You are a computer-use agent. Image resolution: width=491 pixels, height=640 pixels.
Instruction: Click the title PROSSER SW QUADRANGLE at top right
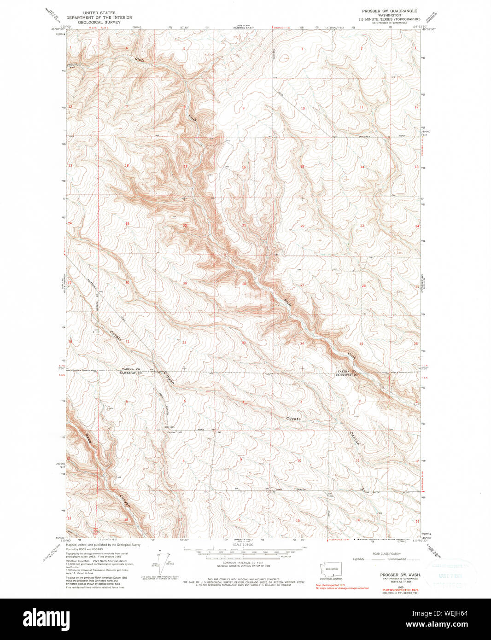(x=389, y=11)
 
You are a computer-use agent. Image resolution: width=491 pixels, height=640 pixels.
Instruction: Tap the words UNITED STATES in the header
(x=99, y=13)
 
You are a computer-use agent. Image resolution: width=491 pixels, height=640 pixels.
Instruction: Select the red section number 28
(x=244, y=284)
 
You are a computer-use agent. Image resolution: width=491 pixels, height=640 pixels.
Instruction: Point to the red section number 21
(x=244, y=226)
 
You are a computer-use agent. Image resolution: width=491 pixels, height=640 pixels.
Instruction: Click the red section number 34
(x=302, y=343)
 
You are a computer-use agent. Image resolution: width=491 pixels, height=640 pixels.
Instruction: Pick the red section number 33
(x=244, y=343)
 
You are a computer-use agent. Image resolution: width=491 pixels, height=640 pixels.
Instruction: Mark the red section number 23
(x=362, y=226)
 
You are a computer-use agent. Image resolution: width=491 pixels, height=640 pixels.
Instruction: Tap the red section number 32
(x=184, y=343)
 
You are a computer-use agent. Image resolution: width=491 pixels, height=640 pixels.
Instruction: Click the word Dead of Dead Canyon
(x=88, y=438)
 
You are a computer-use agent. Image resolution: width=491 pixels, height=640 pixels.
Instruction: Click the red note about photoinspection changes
(x=342, y=588)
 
